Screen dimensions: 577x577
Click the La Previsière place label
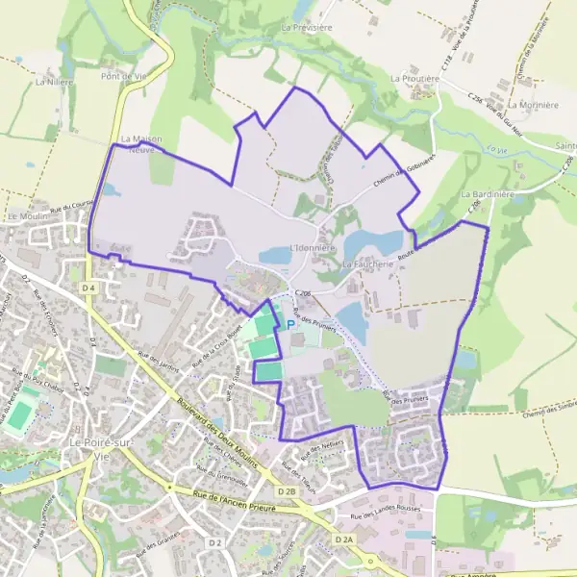(306, 28)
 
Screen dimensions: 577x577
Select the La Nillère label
(54, 83)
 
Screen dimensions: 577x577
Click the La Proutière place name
(414, 77)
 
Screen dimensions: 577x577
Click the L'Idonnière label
(311, 248)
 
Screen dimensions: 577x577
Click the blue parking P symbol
(291, 325)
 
